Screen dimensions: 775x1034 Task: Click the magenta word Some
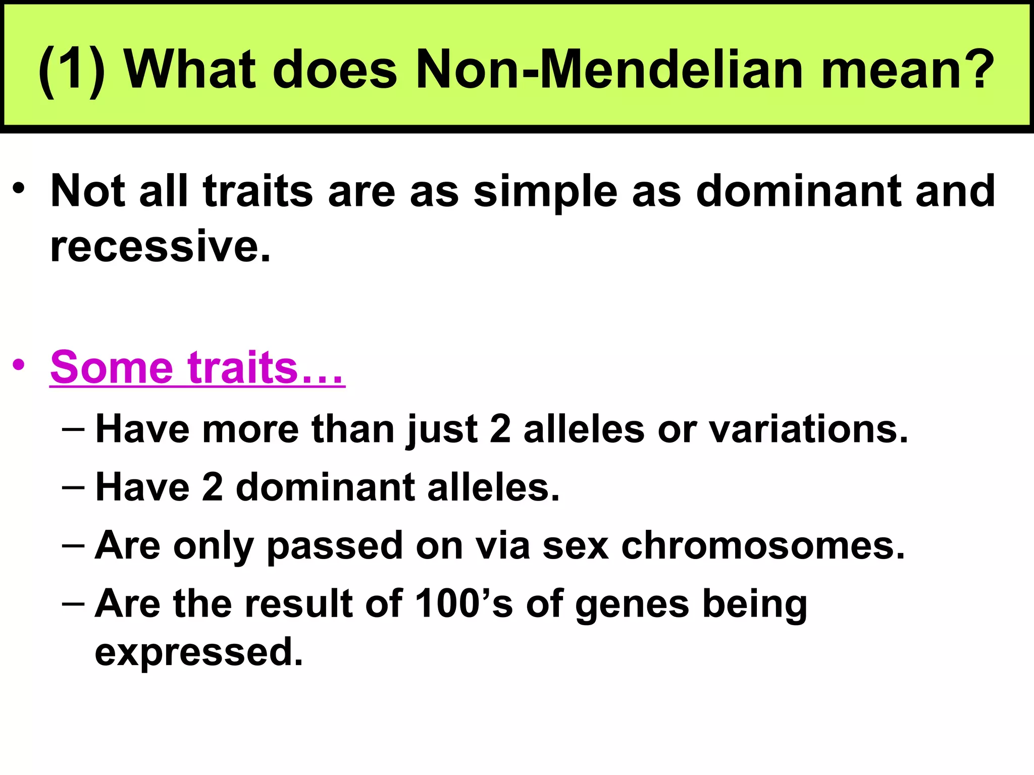112,367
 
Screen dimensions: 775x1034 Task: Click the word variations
808,429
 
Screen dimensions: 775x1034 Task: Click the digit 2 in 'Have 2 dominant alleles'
212,487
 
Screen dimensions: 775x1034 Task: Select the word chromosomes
763,545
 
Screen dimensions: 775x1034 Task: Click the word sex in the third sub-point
575,546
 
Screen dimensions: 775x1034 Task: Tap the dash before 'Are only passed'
73,545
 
